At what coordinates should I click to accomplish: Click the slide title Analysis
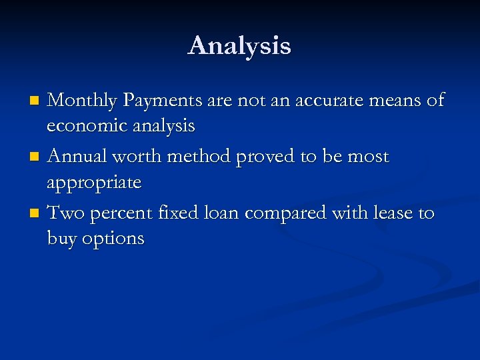239,46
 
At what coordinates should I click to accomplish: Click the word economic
85,125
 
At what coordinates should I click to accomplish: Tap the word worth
141,157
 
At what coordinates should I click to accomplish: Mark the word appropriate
94,183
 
